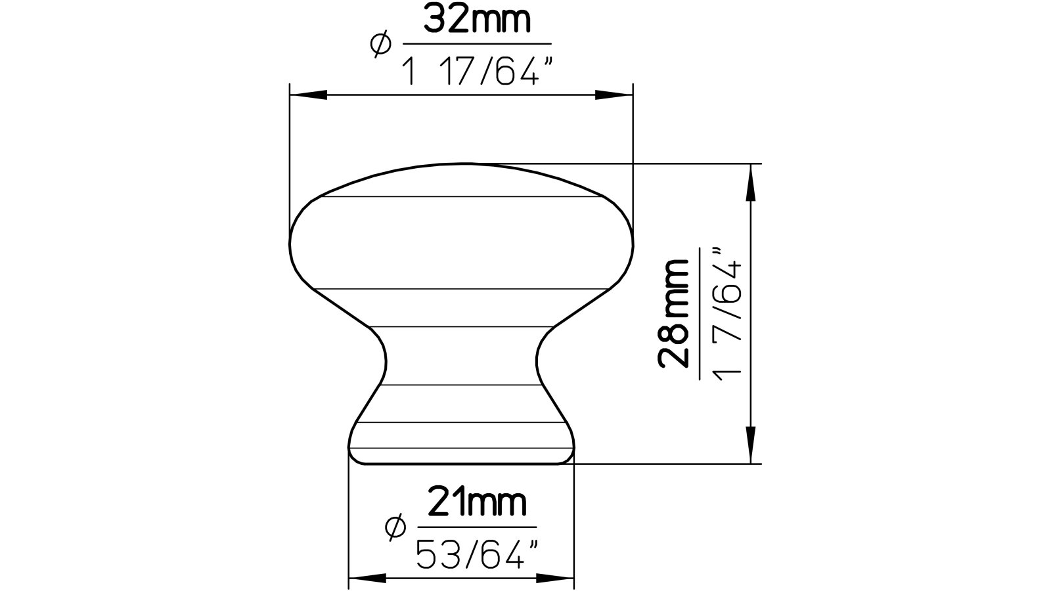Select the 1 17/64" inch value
point(474,71)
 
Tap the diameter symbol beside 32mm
point(381,45)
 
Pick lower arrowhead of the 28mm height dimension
point(749,445)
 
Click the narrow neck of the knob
point(460,355)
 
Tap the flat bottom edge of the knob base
point(460,464)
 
